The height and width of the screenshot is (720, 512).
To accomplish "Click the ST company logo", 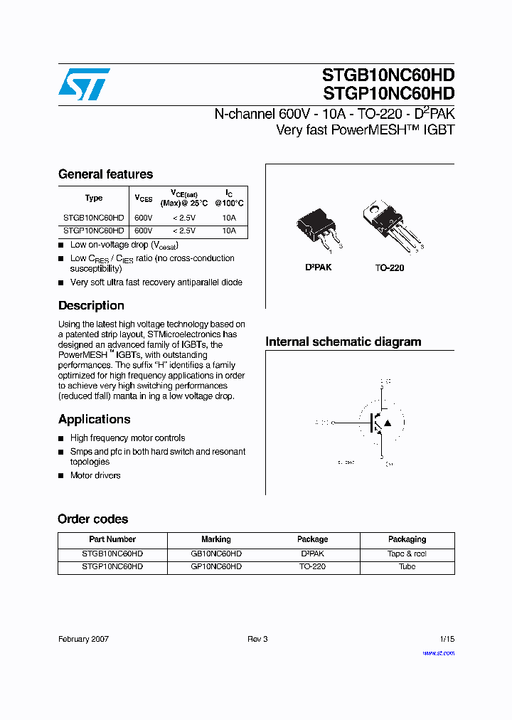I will click(84, 85).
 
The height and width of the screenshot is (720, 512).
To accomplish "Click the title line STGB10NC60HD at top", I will click(388, 75).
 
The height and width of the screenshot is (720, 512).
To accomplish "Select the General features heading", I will click(105, 174).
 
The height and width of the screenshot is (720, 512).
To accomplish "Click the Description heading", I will click(91, 305).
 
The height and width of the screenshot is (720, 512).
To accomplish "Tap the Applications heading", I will click(94, 419).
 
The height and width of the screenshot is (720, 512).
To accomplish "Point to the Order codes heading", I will click(93, 519).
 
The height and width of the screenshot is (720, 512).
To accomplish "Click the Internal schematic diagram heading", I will click(343, 342).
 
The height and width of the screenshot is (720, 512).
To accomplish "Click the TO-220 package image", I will click(389, 223).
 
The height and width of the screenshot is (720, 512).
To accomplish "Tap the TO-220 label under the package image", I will click(390, 268).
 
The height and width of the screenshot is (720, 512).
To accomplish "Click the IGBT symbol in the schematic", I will click(381, 423).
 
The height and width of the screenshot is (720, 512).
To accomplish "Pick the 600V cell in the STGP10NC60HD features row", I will click(143, 231).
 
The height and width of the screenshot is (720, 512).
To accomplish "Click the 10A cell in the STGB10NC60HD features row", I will click(228, 218).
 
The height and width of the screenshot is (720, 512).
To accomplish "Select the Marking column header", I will click(216, 539).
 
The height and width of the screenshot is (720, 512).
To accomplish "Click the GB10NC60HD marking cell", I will click(216, 554).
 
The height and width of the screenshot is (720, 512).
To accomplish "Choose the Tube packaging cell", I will click(407, 567).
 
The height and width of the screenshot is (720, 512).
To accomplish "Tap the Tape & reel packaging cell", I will click(407, 554).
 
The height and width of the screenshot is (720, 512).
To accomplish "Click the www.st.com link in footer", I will click(438, 653).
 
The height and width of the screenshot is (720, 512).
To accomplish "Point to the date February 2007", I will click(83, 639).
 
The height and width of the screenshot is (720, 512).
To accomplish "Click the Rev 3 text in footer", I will click(257, 639).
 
